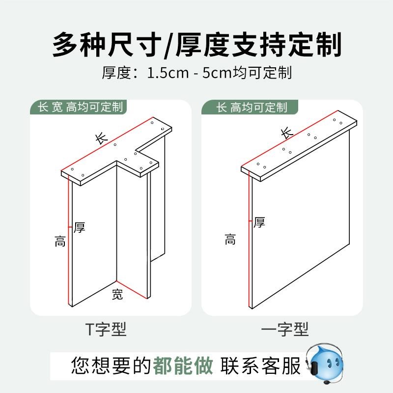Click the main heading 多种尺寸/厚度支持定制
[x=196, y=45]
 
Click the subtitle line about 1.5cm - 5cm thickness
[x=196, y=73]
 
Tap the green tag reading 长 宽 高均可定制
[x=77, y=107]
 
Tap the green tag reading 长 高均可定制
[x=252, y=107]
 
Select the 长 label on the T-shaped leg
[x=101, y=139]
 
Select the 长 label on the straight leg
[x=287, y=132]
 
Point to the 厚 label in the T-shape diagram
[x=79, y=227]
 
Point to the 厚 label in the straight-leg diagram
[x=259, y=223]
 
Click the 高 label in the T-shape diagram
[x=60, y=241]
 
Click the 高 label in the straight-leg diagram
[x=230, y=240]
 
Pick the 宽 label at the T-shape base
[x=117, y=295]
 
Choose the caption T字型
[x=106, y=329]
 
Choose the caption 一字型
[x=286, y=329]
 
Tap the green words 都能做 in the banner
[x=183, y=366]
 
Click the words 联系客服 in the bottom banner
[x=261, y=366]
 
